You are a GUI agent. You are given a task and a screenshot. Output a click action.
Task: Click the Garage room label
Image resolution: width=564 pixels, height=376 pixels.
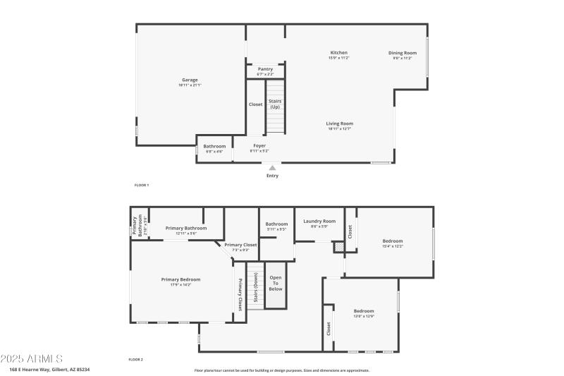pyautogui.click(x=190, y=82)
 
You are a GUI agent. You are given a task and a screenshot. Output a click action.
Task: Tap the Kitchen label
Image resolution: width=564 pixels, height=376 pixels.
pyautogui.click(x=338, y=54)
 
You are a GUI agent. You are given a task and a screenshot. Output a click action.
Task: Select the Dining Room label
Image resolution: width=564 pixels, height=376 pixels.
pyautogui.click(x=405, y=54)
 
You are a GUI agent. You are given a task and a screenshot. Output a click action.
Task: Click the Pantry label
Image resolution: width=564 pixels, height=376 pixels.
pyautogui.click(x=265, y=71)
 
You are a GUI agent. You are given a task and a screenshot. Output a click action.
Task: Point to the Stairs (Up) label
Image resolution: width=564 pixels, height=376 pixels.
pyautogui.click(x=275, y=104)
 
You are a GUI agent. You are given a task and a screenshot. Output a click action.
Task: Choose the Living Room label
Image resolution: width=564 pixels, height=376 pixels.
pyautogui.click(x=340, y=126)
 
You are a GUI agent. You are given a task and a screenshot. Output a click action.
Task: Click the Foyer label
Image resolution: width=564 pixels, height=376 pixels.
pyautogui.click(x=259, y=147)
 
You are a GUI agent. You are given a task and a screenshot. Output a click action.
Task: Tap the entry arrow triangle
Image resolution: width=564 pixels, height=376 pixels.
pyautogui.click(x=272, y=168)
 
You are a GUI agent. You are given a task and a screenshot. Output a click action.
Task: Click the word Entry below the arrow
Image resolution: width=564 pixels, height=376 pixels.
pyautogui.click(x=272, y=176)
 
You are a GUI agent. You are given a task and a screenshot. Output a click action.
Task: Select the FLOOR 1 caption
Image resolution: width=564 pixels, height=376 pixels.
pyautogui.click(x=142, y=185)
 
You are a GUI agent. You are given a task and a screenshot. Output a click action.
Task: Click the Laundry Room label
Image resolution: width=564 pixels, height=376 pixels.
pyautogui.click(x=319, y=223)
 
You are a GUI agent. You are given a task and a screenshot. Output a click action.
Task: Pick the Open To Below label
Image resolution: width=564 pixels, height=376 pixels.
pyautogui.click(x=276, y=283)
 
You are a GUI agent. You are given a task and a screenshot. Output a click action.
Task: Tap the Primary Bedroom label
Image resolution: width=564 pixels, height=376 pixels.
pyautogui.click(x=180, y=281)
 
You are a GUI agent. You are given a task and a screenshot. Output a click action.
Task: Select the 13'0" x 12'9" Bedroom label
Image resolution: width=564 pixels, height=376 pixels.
pyautogui.click(x=364, y=313)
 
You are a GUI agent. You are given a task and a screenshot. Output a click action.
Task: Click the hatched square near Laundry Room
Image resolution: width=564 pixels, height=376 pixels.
pyautogui.click(x=338, y=247)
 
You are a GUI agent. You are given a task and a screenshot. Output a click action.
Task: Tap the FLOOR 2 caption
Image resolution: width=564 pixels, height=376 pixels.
pyautogui.click(x=135, y=360)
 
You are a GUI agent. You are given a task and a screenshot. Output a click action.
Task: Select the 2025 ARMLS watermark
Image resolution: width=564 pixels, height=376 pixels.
pyautogui.click(x=32, y=359)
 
